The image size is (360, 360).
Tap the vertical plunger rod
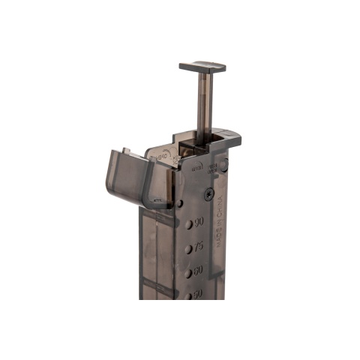(x=202, y=105)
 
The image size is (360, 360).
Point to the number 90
(x=199, y=223)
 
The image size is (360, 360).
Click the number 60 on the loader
(x=199, y=271)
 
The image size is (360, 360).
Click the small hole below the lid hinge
(x=179, y=203)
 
